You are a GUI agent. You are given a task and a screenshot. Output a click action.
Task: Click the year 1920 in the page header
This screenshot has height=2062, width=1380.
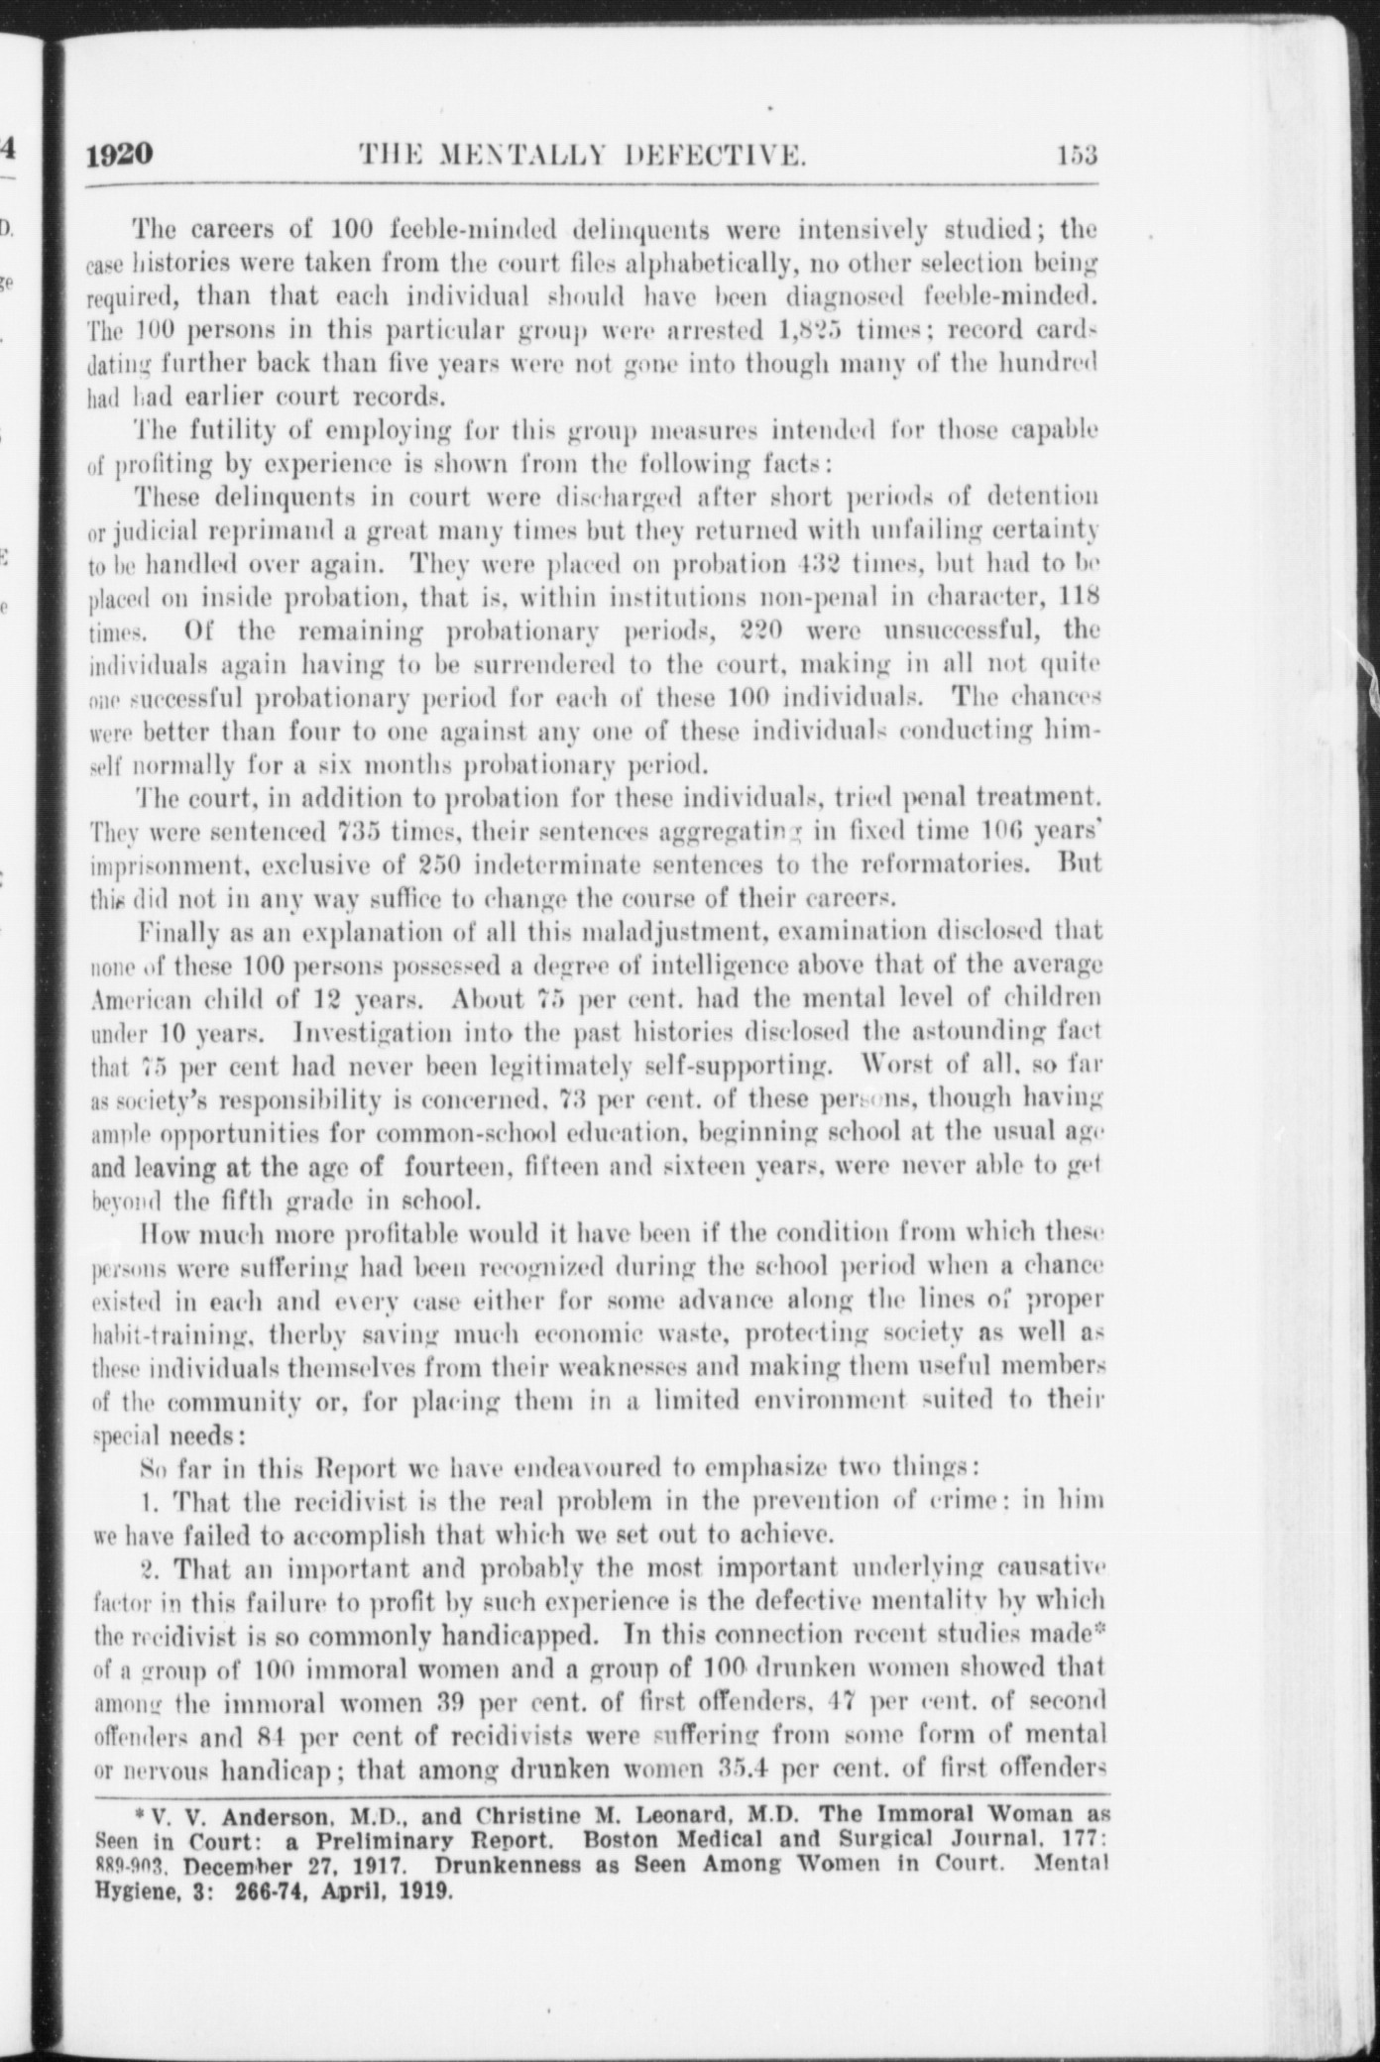click(119, 156)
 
